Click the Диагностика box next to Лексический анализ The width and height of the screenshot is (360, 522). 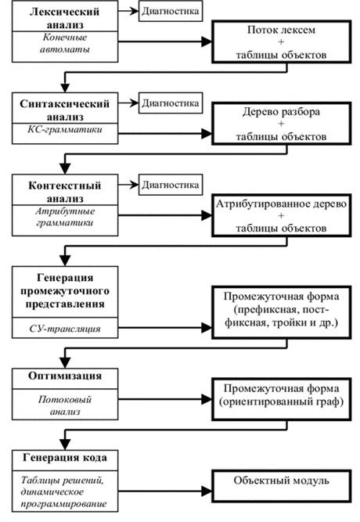click(x=171, y=11)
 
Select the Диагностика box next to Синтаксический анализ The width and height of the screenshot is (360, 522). click(x=171, y=103)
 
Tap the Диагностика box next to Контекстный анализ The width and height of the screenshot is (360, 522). click(x=171, y=185)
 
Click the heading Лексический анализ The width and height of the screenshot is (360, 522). click(x=65, y=18)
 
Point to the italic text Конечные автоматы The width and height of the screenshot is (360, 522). click(x=65, y=44)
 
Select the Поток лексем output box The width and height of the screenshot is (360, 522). click(x=282, y=41)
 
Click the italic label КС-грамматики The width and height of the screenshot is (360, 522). click(x=65, y=129)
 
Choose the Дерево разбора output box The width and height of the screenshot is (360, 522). click(x=282, y=124)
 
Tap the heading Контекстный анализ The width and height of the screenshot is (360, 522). click(x=65, y=192)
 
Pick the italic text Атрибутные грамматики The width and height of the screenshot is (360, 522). click(x=65, y=217)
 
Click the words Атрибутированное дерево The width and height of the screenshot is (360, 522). click(x=282, y=203)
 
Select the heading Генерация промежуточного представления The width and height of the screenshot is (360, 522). click(x=65, y=291)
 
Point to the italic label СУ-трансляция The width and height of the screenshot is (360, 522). click(x=65, y=329)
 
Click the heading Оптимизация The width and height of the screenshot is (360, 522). click(x=65, y=376)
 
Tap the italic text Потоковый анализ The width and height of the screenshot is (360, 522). click(x=65, y=405)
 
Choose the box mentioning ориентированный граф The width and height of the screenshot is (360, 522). click(x=282, y=399)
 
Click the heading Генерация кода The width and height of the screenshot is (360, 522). click(x=65, y=458)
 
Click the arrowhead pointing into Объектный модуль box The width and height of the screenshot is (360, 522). click(x=207, y=491)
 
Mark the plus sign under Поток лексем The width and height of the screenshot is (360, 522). click(x=281, y=42)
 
